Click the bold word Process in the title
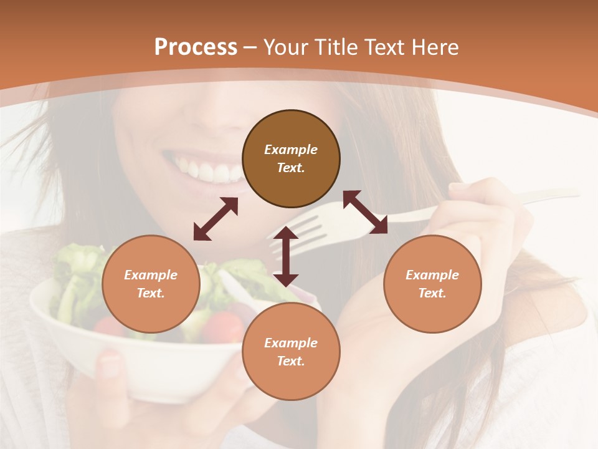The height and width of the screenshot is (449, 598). click(x=196, y=47)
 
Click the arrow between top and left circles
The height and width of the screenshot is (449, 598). click(x=216, y=219)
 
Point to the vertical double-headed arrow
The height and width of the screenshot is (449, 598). click(x=286, y=256)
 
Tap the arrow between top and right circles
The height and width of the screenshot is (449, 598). click(x=365, y=212)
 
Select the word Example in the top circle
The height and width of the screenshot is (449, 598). click(x=291, y=150)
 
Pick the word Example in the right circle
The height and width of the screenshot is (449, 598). click(x=432, y=275)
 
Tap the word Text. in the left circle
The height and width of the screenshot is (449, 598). click(x=151, y=293)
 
